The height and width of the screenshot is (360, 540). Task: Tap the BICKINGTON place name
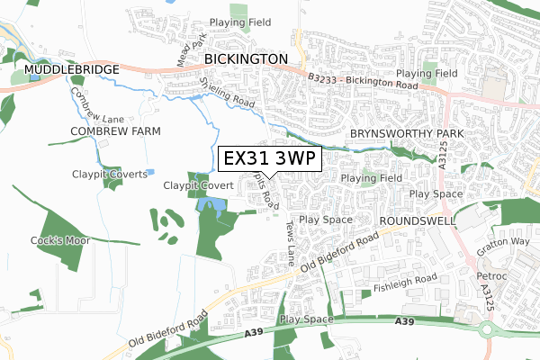(x=246, y=58)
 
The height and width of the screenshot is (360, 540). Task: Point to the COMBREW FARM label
(x=116, y=131)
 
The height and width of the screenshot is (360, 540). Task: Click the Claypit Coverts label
(x=110, y=174)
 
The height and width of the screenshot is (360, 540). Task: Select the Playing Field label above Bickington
(x=234, y=22)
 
